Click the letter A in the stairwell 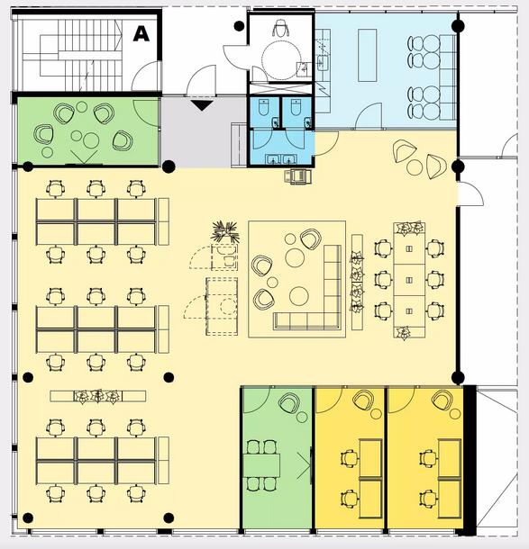141,34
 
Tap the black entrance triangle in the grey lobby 202,105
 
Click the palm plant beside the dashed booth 225,231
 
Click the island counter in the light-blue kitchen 368,55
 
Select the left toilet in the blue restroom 263,107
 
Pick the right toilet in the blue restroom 296,107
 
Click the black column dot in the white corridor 239,25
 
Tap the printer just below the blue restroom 297,176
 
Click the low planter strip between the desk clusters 98,396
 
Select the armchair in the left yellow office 363,400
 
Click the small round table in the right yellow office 455,414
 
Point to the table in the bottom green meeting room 261,465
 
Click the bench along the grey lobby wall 239,144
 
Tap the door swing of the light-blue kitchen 368,116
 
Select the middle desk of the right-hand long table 409,280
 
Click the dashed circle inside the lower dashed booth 229,306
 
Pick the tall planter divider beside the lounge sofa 357,282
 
